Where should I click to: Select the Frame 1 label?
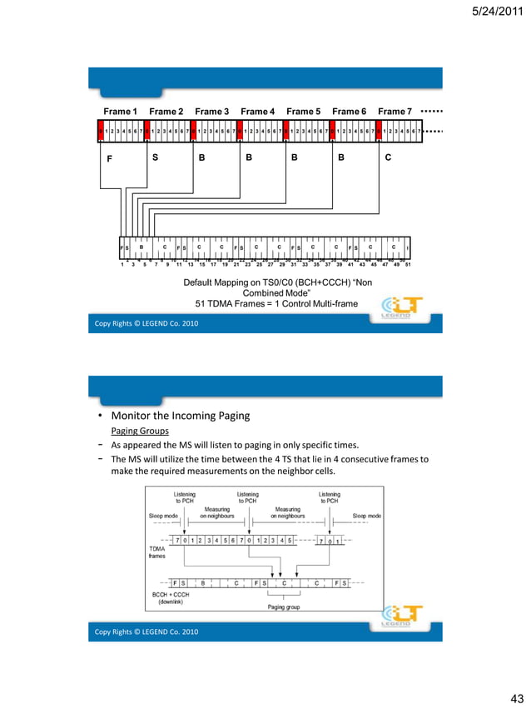[x=120, y=112]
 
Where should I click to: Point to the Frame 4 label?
[x=257, y=112]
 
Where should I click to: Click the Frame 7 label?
[x=395, y=112]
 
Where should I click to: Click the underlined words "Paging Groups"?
[x=139, y=432]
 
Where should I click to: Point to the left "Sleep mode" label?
[x=163, y=516]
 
